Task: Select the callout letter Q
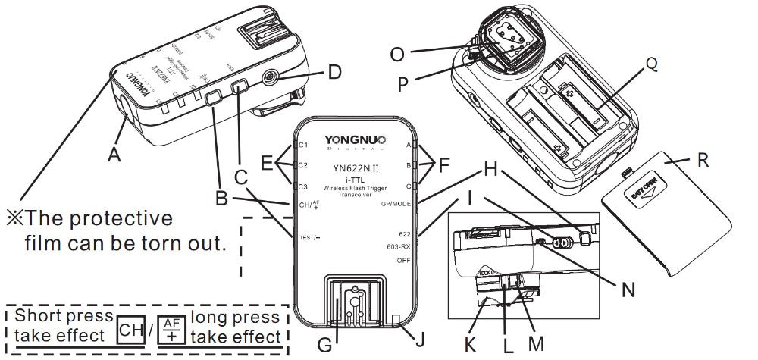pos(651,66)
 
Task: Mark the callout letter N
pos(627,288)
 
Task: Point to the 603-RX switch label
pos(398,247)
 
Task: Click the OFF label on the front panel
pos(403,261)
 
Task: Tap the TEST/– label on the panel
pos(310,237)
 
